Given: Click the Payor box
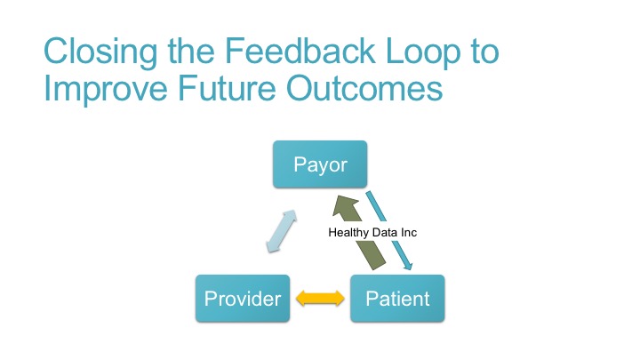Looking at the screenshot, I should click(x=320, y=164).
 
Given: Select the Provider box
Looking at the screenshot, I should click(x=243, y=299).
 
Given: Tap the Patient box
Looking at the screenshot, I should click(x=396, y=299).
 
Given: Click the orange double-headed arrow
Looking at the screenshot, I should click(x=320, y=300).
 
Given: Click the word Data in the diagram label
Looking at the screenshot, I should click(x=384, y=232).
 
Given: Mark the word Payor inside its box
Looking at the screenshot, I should click(x=320, y=164).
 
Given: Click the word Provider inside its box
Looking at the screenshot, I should click(x=243, y=299).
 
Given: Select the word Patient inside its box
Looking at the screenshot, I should click(x=396, y=299).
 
